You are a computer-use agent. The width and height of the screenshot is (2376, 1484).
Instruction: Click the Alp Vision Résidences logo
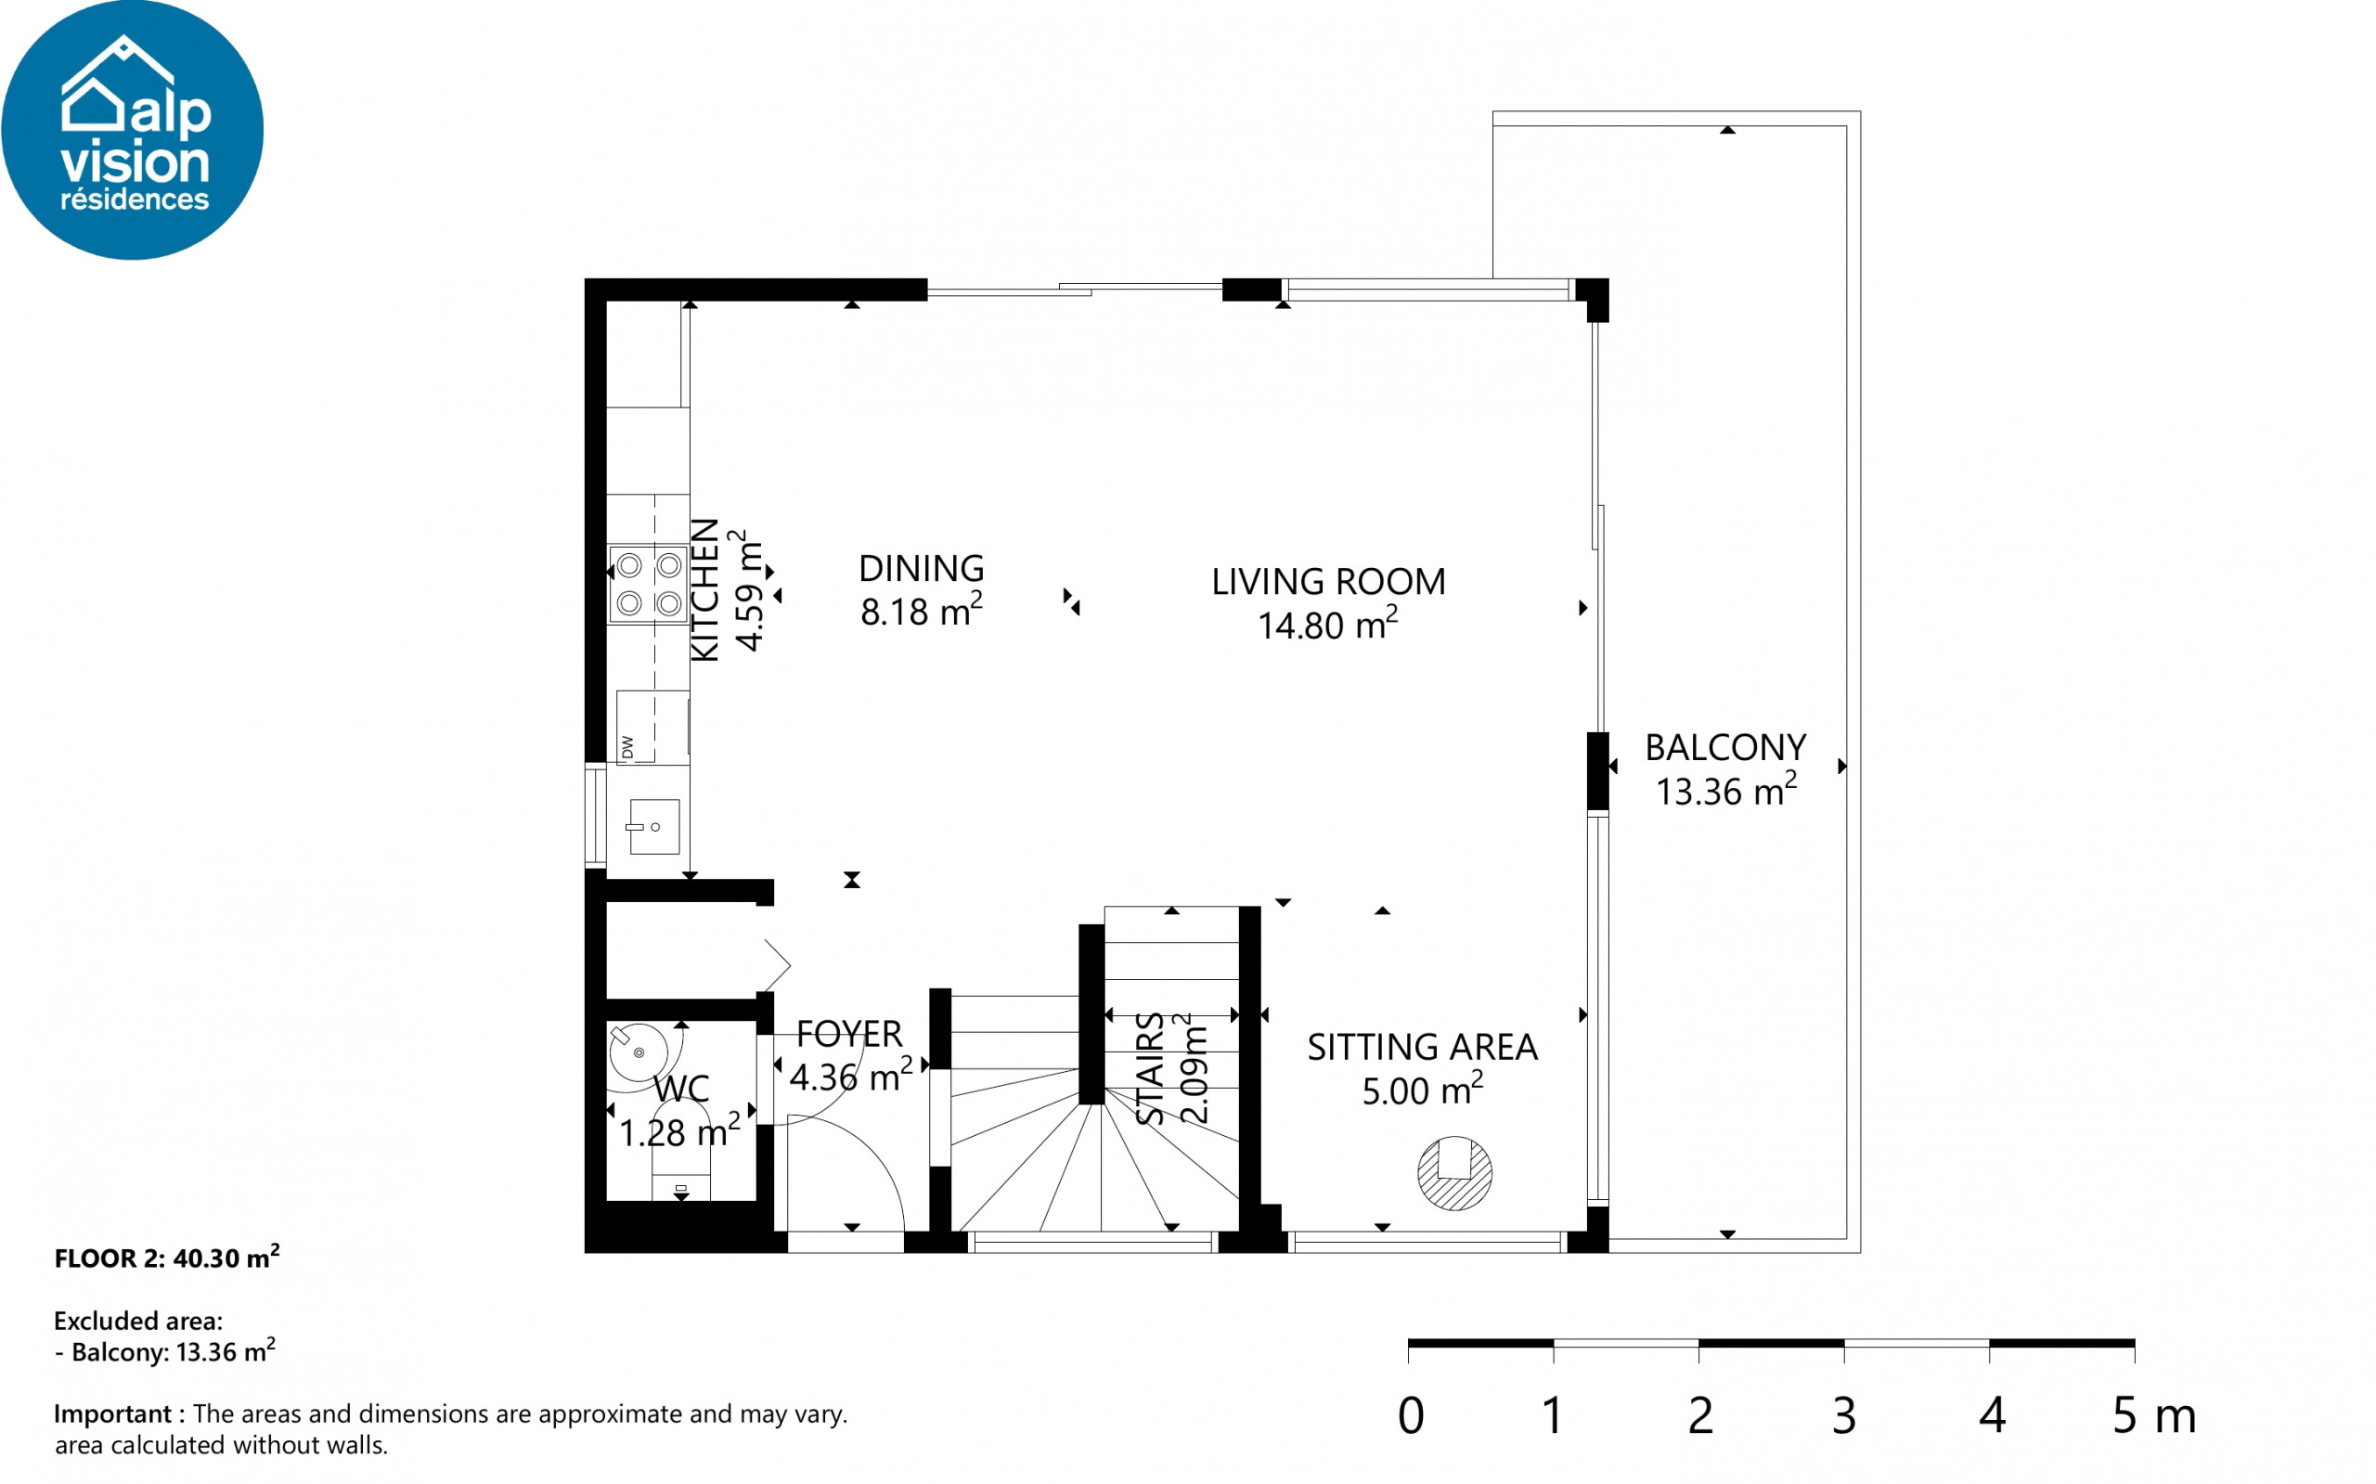(133, 130)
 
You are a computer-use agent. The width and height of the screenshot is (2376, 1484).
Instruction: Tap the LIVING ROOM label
(1328, 582)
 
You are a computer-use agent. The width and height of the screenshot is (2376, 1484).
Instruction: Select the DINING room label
(921, 568)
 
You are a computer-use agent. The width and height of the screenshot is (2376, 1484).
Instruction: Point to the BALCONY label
(1725, 748)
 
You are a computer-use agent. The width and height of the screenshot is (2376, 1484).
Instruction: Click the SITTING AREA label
(1422, 1047)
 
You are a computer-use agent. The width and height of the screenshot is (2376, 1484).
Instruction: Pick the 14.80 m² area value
(1328, 625)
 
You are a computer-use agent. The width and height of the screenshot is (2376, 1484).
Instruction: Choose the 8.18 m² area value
(921, 610)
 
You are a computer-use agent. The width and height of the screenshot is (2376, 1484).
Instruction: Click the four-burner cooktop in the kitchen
(649, 584)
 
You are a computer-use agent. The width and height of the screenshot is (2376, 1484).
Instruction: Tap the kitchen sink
(653, 826)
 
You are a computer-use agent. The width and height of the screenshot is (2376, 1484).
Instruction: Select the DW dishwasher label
(628, 747)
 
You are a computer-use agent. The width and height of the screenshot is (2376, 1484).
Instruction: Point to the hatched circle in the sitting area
(1454, 1173)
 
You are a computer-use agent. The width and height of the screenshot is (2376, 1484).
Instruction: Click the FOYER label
(849, 1034)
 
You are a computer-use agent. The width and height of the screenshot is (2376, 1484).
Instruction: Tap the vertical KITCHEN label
(705, 590)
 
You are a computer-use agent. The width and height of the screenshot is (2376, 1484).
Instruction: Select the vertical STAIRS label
(1150, 1069)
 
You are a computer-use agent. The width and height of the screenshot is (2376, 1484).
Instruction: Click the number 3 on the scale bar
(1844, 1415)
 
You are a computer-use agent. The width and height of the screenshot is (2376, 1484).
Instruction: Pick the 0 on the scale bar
(1411, 1415)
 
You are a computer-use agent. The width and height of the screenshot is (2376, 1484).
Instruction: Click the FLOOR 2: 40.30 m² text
(167, 1258)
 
